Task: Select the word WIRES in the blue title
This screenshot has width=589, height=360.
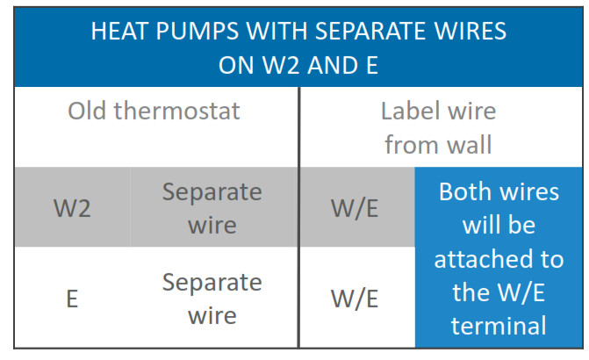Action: click(x=470, y=32)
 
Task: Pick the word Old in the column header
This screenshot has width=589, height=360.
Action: click(x=86, y=111)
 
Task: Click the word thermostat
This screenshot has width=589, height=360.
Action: click(x=177, y=111)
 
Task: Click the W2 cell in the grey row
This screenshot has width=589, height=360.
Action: click(x=72, y=208)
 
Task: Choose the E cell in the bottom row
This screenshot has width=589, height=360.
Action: click(x=72, y=299)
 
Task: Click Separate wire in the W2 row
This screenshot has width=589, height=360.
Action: click(x=212, y=208)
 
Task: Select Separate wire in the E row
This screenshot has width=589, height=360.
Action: click(x=212, y=299)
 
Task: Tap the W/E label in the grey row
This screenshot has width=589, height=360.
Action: click(x=355, y=208)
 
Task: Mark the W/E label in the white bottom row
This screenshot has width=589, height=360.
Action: click(x=355, y=299)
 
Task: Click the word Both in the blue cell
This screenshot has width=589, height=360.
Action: click(x=463, y=191)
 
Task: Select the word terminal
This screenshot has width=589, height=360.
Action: click(x=499, y=326)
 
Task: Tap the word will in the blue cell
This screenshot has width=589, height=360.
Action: click(x=478, y=225)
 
